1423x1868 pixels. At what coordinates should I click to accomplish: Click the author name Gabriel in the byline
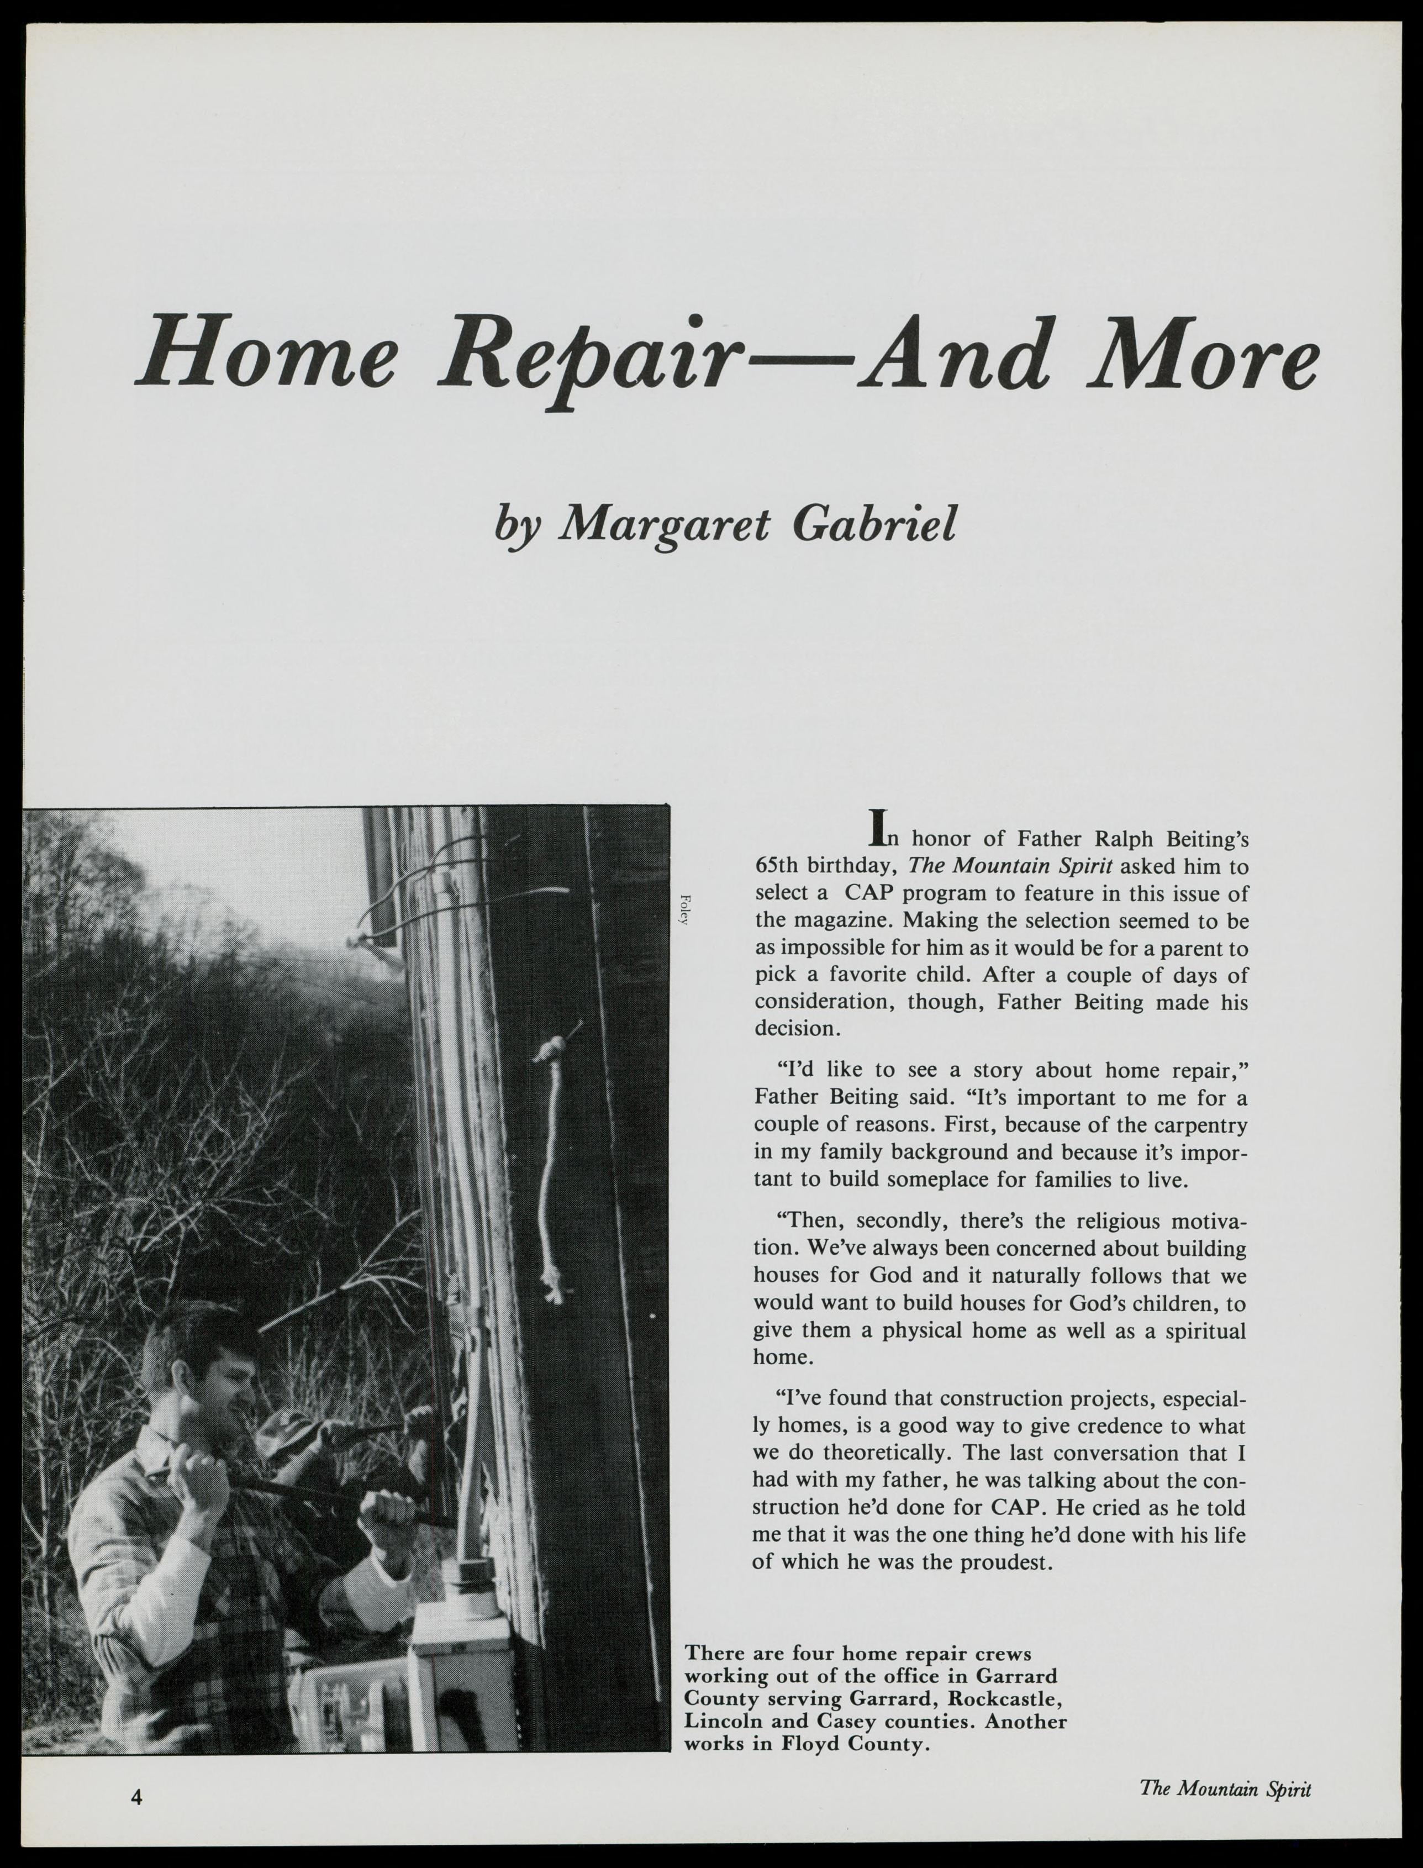click(874, 525)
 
